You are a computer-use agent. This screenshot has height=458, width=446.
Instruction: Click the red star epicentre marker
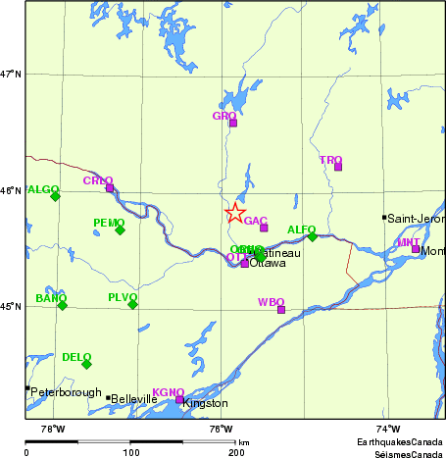click(x=235, y=213)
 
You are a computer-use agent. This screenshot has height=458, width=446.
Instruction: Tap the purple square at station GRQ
click(x=233, y=123)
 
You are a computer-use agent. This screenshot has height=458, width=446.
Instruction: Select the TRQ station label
click(x=330, y=159)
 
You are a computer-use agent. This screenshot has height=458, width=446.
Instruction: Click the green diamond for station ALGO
click(x=55, y=196)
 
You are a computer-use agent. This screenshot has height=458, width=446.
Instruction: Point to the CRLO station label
click(x=98, y=180)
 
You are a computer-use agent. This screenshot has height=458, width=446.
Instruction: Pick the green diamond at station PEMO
click(x=120, y=229)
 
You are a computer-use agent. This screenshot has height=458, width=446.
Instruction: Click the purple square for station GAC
click(x=264, y=228)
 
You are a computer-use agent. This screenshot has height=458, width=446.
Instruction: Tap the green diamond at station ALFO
click(x=313, y=236)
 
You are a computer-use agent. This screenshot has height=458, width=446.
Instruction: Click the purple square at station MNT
click(x=416, y=249)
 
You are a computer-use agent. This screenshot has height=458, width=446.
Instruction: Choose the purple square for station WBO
click(x=281, y=310)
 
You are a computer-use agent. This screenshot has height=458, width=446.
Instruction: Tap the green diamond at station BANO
click(x=62, y=305)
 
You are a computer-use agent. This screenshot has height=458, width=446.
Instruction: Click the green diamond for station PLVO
click(x=132, y=304)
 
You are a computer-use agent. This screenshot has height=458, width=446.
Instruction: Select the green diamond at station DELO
click(x=86, y=364)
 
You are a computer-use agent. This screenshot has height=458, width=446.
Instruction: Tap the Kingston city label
click(x=206, y=403)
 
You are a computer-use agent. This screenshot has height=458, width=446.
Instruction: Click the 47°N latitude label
click(x=11, y=74)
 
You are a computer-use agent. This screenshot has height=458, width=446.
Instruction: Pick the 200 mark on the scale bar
click(x=236, y=453)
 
